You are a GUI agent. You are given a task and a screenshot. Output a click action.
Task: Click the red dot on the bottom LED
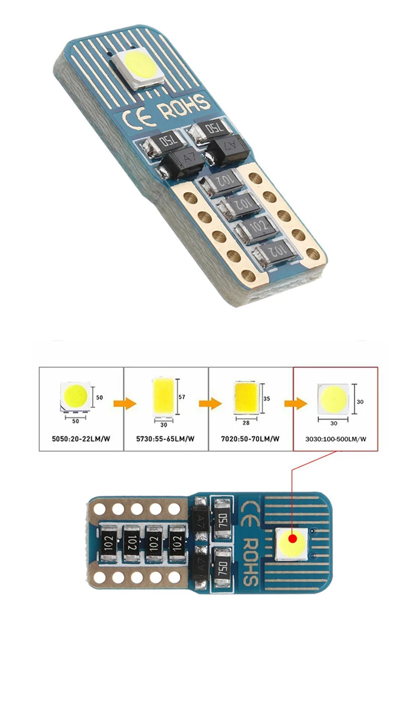click(293, 538)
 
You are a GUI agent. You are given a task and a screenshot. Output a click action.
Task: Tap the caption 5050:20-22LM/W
click(81, 439)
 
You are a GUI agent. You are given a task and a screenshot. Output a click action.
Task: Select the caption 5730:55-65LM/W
click(166, 439)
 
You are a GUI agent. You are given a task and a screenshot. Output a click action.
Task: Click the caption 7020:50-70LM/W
click(250, 439)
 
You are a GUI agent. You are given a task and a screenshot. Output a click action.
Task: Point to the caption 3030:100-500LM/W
click(336, 439)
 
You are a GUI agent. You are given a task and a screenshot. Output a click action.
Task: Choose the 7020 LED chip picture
click(246, 397)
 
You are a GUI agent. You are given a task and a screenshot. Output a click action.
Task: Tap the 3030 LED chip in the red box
click(333, 399)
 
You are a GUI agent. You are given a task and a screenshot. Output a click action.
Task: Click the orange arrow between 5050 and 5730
click(125, 403)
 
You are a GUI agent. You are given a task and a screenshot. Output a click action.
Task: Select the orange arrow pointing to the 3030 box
click(295, 403)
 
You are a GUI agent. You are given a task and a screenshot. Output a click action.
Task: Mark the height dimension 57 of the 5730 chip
click(182, 397)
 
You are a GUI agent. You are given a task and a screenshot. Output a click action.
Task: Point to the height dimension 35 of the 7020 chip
click(266, 398)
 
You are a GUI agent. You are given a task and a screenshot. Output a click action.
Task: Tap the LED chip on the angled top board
click(138, 68)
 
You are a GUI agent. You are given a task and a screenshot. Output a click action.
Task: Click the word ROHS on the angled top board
click(185, 106)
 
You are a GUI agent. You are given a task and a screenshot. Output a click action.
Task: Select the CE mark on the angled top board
click(139, 119)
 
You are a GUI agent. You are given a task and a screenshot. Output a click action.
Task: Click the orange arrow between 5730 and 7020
click(210, 403)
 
